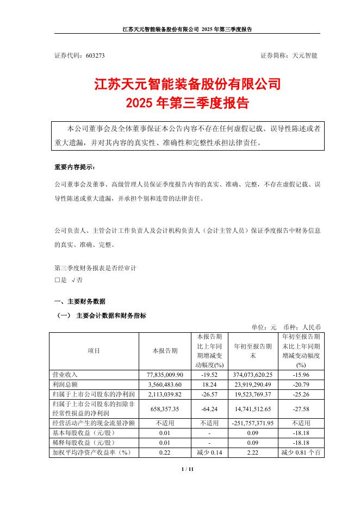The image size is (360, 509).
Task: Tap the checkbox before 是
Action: [x=57, y=280]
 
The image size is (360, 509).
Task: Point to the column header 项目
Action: [x=94, y=351]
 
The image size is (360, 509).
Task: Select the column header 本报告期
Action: [x=165, y=351]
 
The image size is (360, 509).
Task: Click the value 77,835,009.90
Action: [x=165, y=375]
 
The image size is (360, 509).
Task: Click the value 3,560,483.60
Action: [x=165, y=384]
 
